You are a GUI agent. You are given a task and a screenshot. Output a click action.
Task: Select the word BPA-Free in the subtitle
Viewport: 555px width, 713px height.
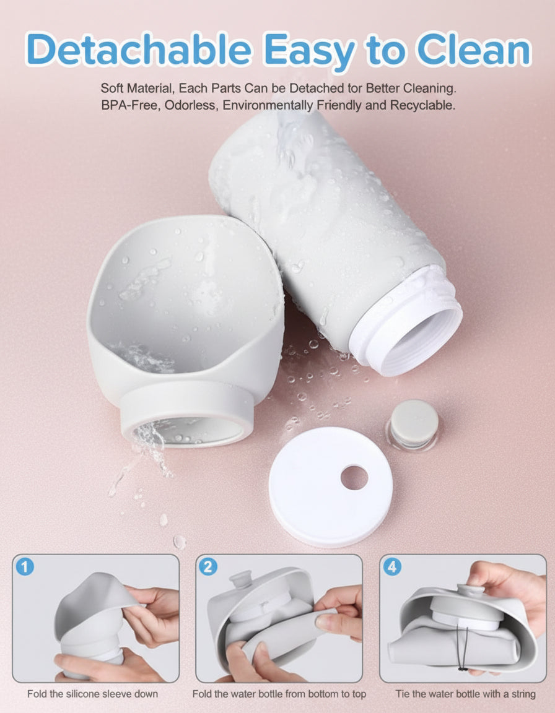(126, 105)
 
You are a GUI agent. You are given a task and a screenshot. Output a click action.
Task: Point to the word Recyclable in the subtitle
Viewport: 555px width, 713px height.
(422, 105)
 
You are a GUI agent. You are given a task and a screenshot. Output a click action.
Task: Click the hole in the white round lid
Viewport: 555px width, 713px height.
(354, 477)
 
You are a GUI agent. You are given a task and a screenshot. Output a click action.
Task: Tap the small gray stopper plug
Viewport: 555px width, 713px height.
(414, 423)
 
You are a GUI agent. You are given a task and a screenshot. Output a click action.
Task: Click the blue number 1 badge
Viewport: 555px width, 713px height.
(25, 566)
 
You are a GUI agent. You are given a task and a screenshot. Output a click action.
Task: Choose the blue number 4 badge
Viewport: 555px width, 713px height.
(392, 566)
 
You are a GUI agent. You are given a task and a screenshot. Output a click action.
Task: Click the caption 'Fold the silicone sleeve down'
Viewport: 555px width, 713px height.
(92, 694)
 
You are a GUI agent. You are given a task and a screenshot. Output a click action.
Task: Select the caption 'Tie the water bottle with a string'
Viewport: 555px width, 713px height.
(466, 694)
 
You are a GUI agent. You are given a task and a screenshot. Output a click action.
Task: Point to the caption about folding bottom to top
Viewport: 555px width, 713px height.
(279, 694)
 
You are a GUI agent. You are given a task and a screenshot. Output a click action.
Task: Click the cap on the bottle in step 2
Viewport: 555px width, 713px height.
(240, 581)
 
